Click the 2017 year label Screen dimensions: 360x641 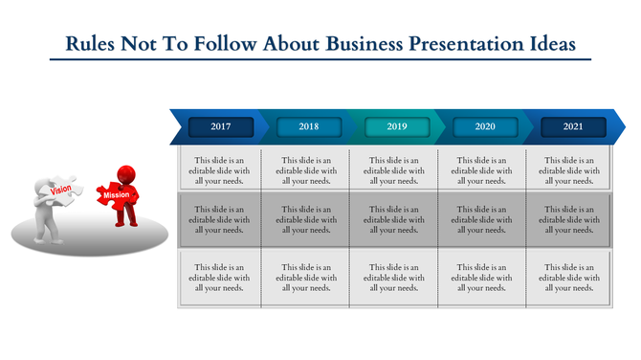coord(221,126)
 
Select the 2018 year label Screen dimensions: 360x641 coord(309,126)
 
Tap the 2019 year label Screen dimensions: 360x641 coord(397,126)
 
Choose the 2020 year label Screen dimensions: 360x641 coord(485,126)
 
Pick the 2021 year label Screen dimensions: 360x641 coord(573,126)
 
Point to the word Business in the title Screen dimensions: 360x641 coord(363,44)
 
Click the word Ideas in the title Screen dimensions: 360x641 coord(549,44)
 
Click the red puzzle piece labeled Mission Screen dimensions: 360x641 coord(117,194)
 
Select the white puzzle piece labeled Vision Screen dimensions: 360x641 coord(62,190)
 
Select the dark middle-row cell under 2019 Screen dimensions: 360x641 coord(397,219)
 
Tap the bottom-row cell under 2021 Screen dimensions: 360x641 coord(573,278)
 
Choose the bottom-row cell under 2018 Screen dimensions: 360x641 coord(309,278)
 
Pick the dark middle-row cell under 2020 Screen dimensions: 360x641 coord(485,219)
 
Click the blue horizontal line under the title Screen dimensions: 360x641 coord(320,59)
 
